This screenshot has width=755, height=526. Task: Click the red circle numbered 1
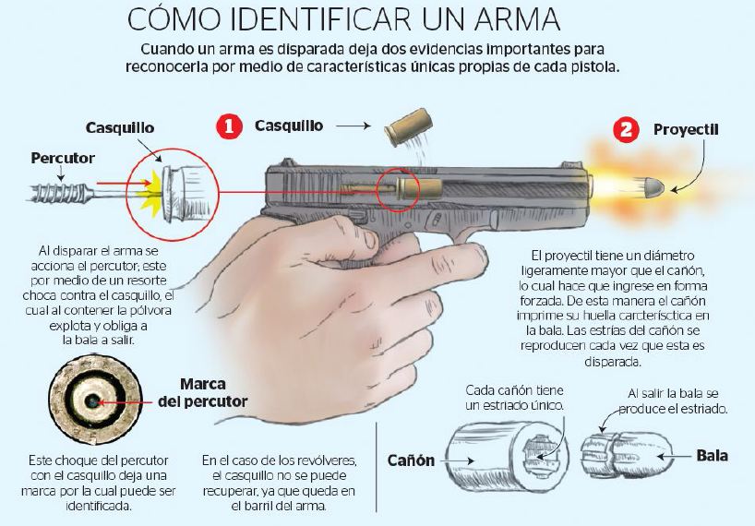click(229, 126)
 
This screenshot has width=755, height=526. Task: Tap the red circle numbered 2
click(626, 130)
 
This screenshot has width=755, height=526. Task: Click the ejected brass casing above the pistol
click(408, 127)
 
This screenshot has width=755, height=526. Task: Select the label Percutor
click(63, 158)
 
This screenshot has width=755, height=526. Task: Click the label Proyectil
click(686, 129)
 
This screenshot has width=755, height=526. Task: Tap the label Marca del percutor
click(202, 393)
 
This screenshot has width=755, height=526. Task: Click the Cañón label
click(411, 460)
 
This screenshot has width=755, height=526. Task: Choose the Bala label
click(712, 455)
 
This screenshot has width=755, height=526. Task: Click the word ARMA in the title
click(518, 19)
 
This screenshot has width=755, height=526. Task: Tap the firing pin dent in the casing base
click(91, 400)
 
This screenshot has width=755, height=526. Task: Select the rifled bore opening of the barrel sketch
click(539, 452)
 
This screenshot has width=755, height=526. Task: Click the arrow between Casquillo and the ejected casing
click(353, 126)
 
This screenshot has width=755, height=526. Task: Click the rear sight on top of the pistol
click(288, 162)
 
